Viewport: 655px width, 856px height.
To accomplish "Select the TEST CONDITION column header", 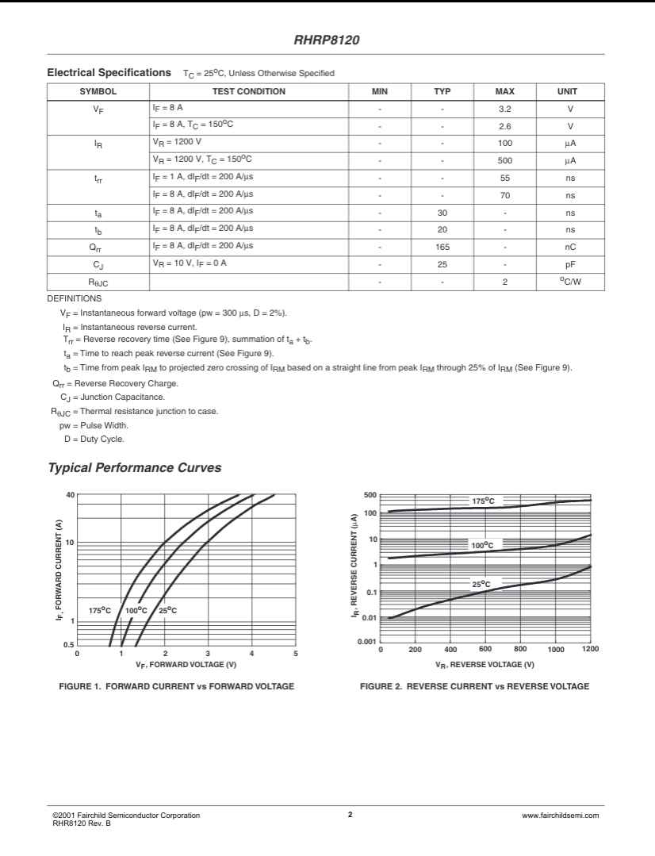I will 249,91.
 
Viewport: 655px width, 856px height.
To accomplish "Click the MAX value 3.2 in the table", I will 504,109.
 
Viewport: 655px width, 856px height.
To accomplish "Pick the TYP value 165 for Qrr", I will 442,247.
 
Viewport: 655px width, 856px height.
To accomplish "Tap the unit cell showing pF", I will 569,264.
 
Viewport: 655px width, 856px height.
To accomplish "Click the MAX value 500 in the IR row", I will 504,160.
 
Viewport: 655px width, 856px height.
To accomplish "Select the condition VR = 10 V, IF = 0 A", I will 190,263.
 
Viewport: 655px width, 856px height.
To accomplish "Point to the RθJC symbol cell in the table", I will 98,282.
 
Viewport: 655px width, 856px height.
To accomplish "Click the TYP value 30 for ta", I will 442,213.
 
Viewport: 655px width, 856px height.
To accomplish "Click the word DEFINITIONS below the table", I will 75,298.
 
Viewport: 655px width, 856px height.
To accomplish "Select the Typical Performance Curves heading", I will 135,468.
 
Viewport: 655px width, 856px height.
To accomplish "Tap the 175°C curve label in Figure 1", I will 100,610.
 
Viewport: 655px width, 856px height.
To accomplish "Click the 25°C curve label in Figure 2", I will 481,584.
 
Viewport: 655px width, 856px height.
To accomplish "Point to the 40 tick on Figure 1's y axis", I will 71,495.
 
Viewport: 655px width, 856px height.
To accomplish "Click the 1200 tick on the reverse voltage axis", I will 589,649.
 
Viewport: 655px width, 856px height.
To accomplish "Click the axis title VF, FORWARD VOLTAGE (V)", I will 186,664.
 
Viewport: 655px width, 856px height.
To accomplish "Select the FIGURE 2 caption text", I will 474,686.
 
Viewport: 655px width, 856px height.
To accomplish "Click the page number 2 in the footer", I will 350,814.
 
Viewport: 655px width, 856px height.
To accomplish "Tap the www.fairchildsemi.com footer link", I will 561,816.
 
